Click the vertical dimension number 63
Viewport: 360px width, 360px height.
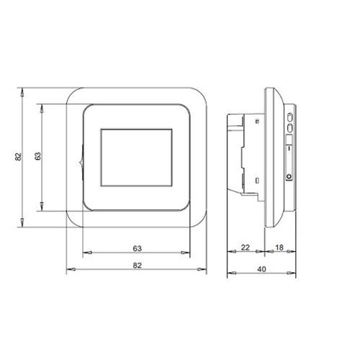click(37, 155)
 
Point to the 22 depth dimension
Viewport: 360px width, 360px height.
click(246, 248)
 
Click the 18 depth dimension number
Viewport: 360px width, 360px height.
click(279, 248)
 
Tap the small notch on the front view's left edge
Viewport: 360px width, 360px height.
click(81, 154)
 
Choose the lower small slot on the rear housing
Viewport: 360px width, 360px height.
click(256, 179)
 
